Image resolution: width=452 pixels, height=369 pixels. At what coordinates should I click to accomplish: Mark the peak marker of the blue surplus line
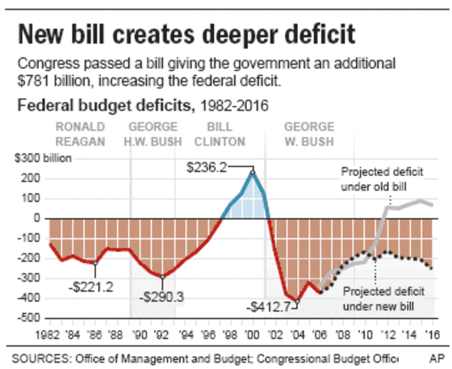click(253, 171)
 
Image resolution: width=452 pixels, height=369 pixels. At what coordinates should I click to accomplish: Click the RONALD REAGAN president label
click(80, 133)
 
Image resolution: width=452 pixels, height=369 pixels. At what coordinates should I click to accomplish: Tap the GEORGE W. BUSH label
click(311, 133)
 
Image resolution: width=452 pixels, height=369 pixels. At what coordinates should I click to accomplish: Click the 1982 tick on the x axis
click(50, 329)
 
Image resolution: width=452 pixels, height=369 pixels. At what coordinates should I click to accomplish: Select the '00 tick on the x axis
click(253, 329)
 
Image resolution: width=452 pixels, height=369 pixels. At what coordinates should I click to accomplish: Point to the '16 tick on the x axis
click(433, 329)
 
